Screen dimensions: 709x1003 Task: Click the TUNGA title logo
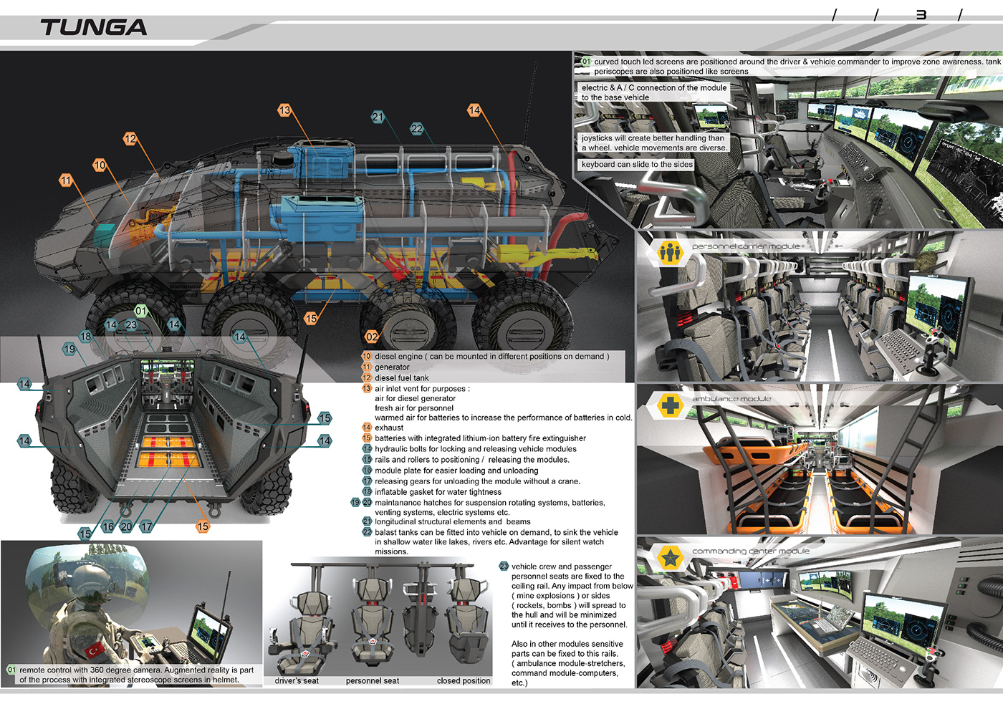coord(93,28)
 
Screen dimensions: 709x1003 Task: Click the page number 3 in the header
coord(921,15)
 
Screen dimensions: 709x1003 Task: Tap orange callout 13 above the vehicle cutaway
coord(285,110)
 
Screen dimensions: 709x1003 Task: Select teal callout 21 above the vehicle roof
coord(378,117)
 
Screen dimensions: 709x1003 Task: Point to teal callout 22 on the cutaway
coord(417,129)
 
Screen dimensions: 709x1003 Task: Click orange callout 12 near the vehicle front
coord(130,139)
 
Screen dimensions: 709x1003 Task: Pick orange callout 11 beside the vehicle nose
coord(66,180)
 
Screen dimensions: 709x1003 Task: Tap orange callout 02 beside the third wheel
coord(372,337)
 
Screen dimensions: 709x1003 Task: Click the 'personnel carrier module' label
coord(746,246)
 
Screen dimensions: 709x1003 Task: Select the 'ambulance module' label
coord(731,399)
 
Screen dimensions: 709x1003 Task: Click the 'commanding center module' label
coord(751,551)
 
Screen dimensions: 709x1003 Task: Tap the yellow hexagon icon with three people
coord(670,252)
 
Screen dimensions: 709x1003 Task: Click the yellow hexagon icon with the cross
coord(670,405)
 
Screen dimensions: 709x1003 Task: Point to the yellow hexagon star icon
coord(670,557)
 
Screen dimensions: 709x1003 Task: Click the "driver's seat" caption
coord(297,681)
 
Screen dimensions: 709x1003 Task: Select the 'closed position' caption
coord(464,681)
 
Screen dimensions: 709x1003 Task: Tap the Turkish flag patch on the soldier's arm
coord(95,650)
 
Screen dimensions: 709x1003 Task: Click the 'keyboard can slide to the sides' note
coord(637,165)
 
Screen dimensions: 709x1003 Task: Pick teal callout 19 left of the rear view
coord(69,349)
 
